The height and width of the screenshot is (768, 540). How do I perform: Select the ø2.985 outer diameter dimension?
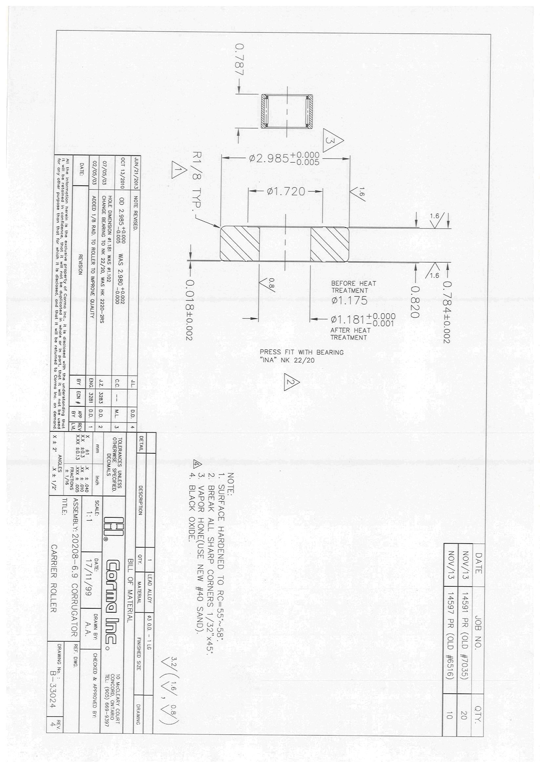(284, 158)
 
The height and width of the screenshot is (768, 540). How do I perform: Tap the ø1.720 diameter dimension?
(286, 192)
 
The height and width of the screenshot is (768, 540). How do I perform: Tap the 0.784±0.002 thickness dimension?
(447, 312)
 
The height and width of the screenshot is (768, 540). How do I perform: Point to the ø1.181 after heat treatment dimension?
(363, 320)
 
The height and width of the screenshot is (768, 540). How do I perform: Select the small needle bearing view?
(287, 111)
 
